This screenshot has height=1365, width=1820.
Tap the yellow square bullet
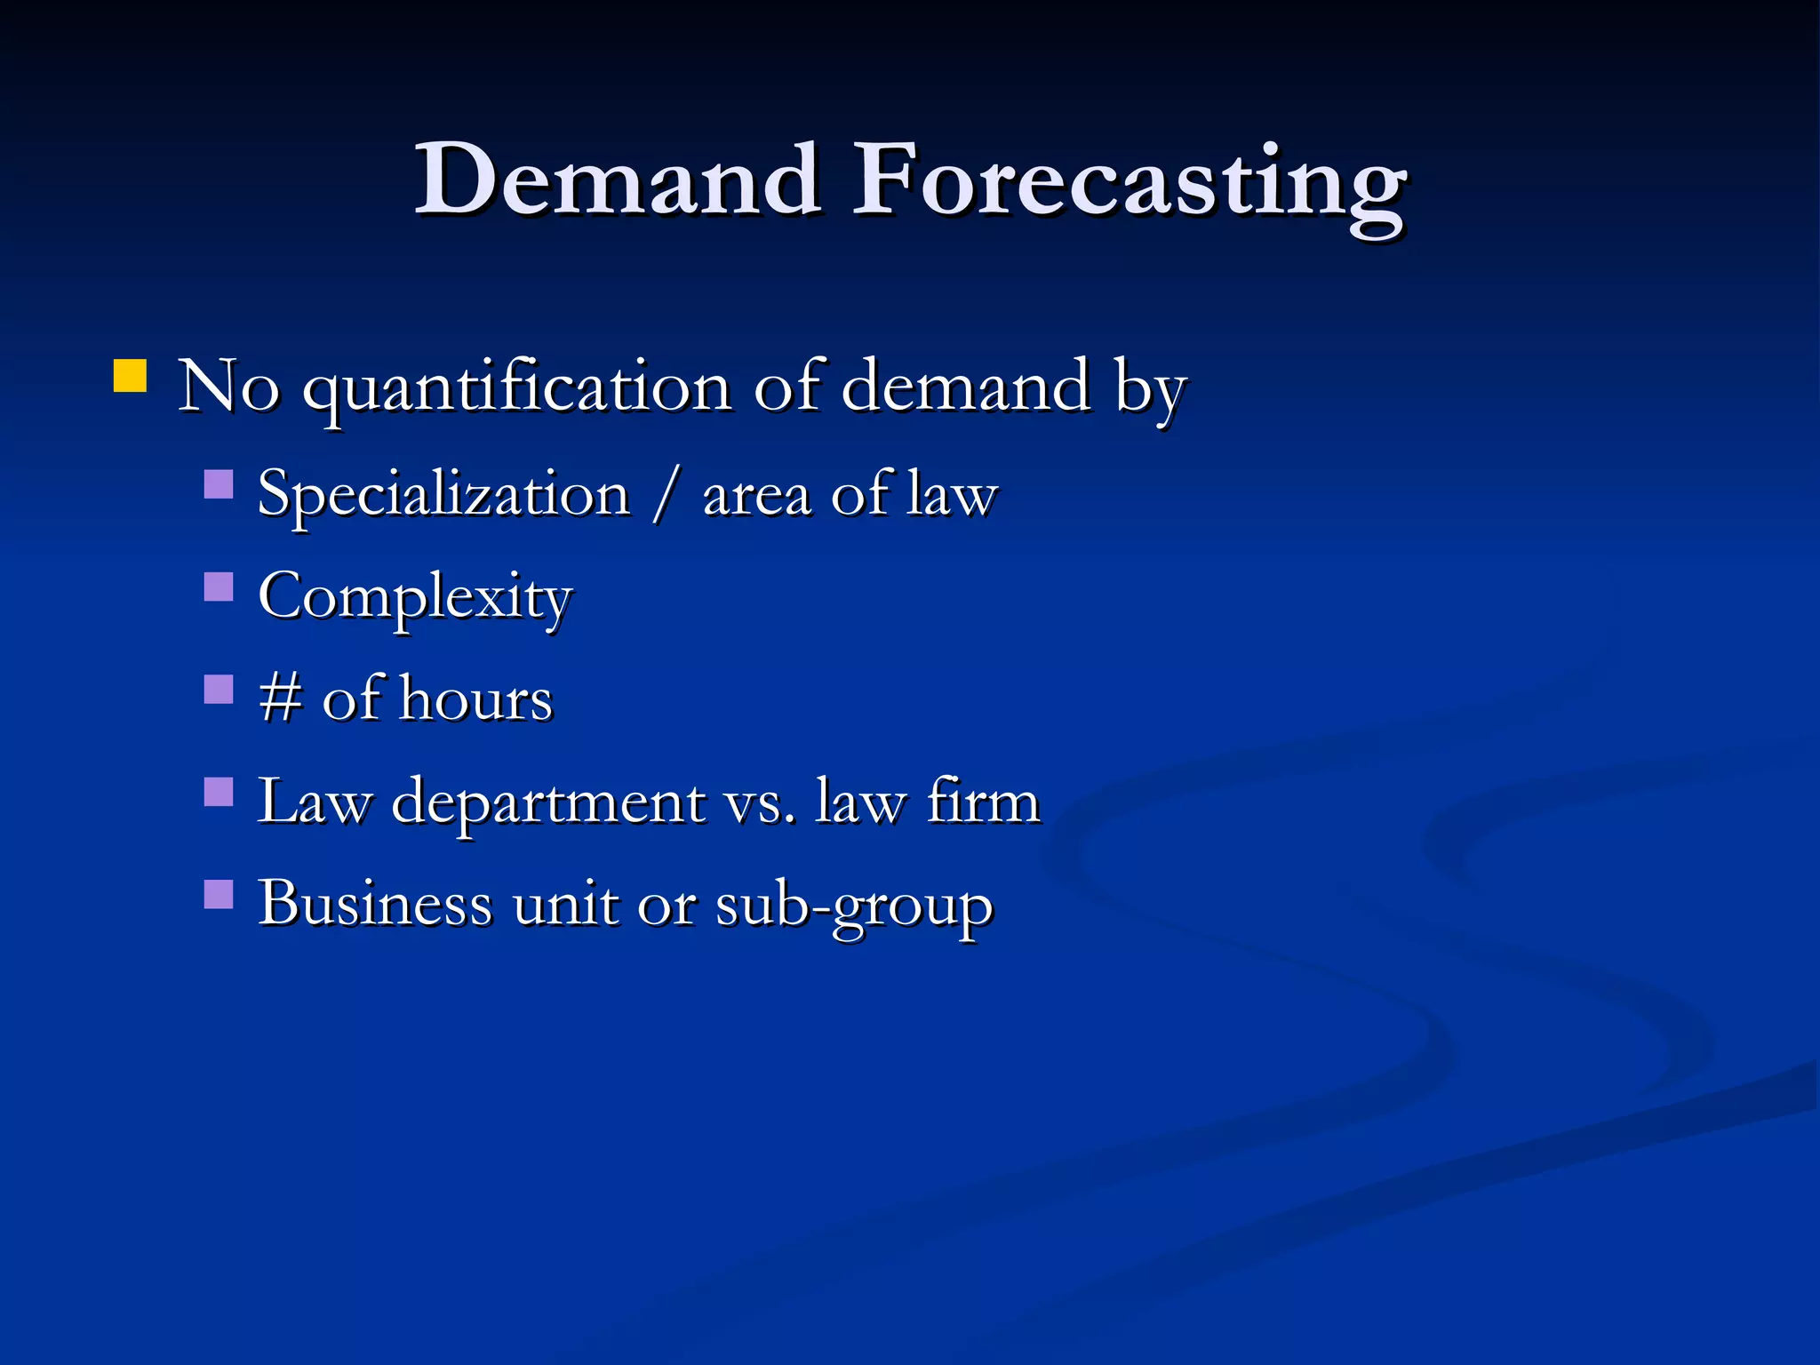(131, 375)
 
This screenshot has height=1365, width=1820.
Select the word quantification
(517, 388)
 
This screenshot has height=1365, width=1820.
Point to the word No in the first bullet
(229, 387)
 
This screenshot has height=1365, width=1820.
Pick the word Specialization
(443, 495)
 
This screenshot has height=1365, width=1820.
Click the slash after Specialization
(666, 495)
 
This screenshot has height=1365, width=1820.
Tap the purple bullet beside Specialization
(219, 484)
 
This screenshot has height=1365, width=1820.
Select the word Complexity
(415, 597)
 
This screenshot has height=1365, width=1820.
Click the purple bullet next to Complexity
(219, 587)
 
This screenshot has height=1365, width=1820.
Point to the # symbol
(280, 698)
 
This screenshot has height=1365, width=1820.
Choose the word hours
(476, 698)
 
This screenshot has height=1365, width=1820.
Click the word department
(548, 802)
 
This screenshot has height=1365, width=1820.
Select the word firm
(982, 801)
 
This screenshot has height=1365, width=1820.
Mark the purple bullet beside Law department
(219, 792)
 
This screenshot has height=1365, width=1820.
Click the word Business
(375, 904)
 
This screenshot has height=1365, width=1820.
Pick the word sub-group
(854, 906)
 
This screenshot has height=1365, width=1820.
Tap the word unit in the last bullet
(564, 904)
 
